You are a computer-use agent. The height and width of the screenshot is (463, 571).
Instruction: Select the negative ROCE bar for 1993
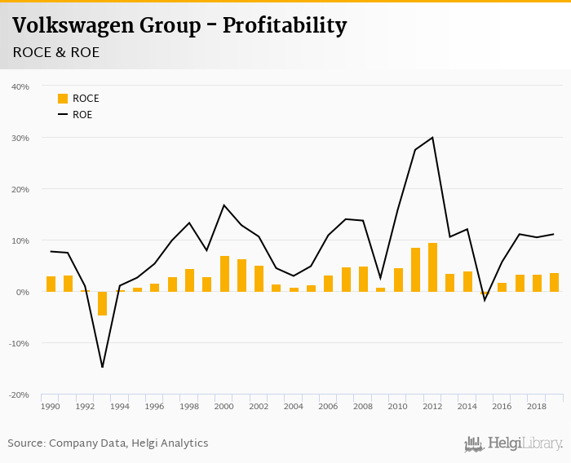[x=103, y=303]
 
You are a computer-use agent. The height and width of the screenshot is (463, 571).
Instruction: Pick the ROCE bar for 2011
[x=415, y=270]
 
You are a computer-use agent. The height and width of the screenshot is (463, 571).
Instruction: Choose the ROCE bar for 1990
[x=51, y=284]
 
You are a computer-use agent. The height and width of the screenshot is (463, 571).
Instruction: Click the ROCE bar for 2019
[x=554, y=282]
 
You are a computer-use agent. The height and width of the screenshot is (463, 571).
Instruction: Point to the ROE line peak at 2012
[x=432, y=138]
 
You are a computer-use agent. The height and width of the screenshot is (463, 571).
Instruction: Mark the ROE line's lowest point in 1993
[x=103, y=367]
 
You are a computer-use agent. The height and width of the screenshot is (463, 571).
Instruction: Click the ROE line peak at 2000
[x=224, y=205]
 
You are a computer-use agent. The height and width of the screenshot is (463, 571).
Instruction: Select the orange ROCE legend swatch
[x=63, y=99]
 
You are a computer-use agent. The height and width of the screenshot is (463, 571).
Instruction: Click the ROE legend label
[x=82, y=115]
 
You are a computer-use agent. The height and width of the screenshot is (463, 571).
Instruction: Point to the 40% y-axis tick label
[x=20, y=86]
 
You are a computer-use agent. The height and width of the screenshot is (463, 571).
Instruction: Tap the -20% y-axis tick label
[x=19, y=395]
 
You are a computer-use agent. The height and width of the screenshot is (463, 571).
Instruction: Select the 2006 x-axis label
[x=328, y=406]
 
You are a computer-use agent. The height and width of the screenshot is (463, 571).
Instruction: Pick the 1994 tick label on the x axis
[x=120, y=406]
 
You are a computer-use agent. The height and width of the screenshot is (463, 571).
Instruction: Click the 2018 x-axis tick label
[x=536, y=406]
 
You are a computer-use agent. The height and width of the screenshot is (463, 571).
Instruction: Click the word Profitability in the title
[x=285, y=26]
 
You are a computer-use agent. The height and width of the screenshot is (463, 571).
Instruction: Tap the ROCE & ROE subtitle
[x=56, y=52]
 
